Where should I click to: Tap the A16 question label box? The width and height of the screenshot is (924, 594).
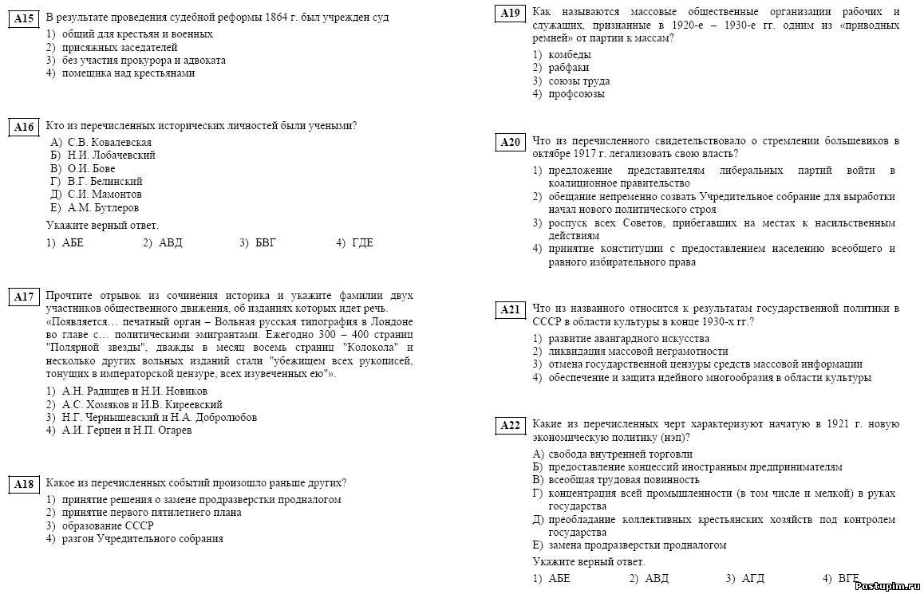pyautogui.click(x=25, y=128)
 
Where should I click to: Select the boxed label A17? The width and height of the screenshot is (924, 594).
pyautogui.click(x=25, y=297)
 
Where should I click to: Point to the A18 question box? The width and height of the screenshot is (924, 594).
pyautogui.click(x=25, y=484)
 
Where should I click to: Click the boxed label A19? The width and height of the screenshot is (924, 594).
pyautogui.click(x=510, y=14)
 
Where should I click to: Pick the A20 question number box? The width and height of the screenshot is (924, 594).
pyautogui.click(x=510, y=143)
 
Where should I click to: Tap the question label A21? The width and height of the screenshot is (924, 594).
pyautogui.click(x=510, y=309)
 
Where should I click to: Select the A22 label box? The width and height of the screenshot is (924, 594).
pyautogui.click(x=510, y=426)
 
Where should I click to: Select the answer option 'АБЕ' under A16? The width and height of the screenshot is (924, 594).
pyautogui.click(x=73, y=243)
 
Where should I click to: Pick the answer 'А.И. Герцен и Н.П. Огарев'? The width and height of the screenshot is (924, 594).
pyautogui.click(x=127, y=431)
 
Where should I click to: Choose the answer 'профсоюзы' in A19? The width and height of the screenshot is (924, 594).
pyautogui.click(x=576, y=94)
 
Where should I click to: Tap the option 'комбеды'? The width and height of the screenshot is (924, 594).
pyautogui.click(x=570, y=55)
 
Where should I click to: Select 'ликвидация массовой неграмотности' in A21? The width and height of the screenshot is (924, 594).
pyautogui.click(x=638, y=352)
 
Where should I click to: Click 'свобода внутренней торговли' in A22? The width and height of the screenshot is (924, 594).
pyautogui.click(x=620, y=454)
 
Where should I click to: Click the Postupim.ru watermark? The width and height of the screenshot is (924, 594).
pyautogui.click(x=886, y=586)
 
